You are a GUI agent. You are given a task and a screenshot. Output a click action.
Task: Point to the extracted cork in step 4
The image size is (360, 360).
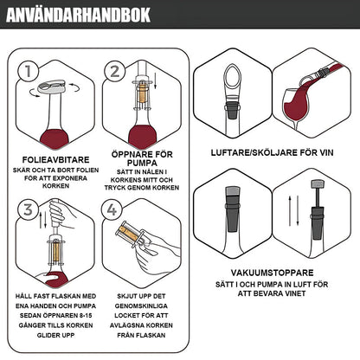131,233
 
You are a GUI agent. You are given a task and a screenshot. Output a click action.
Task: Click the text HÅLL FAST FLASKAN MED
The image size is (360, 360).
55,297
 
